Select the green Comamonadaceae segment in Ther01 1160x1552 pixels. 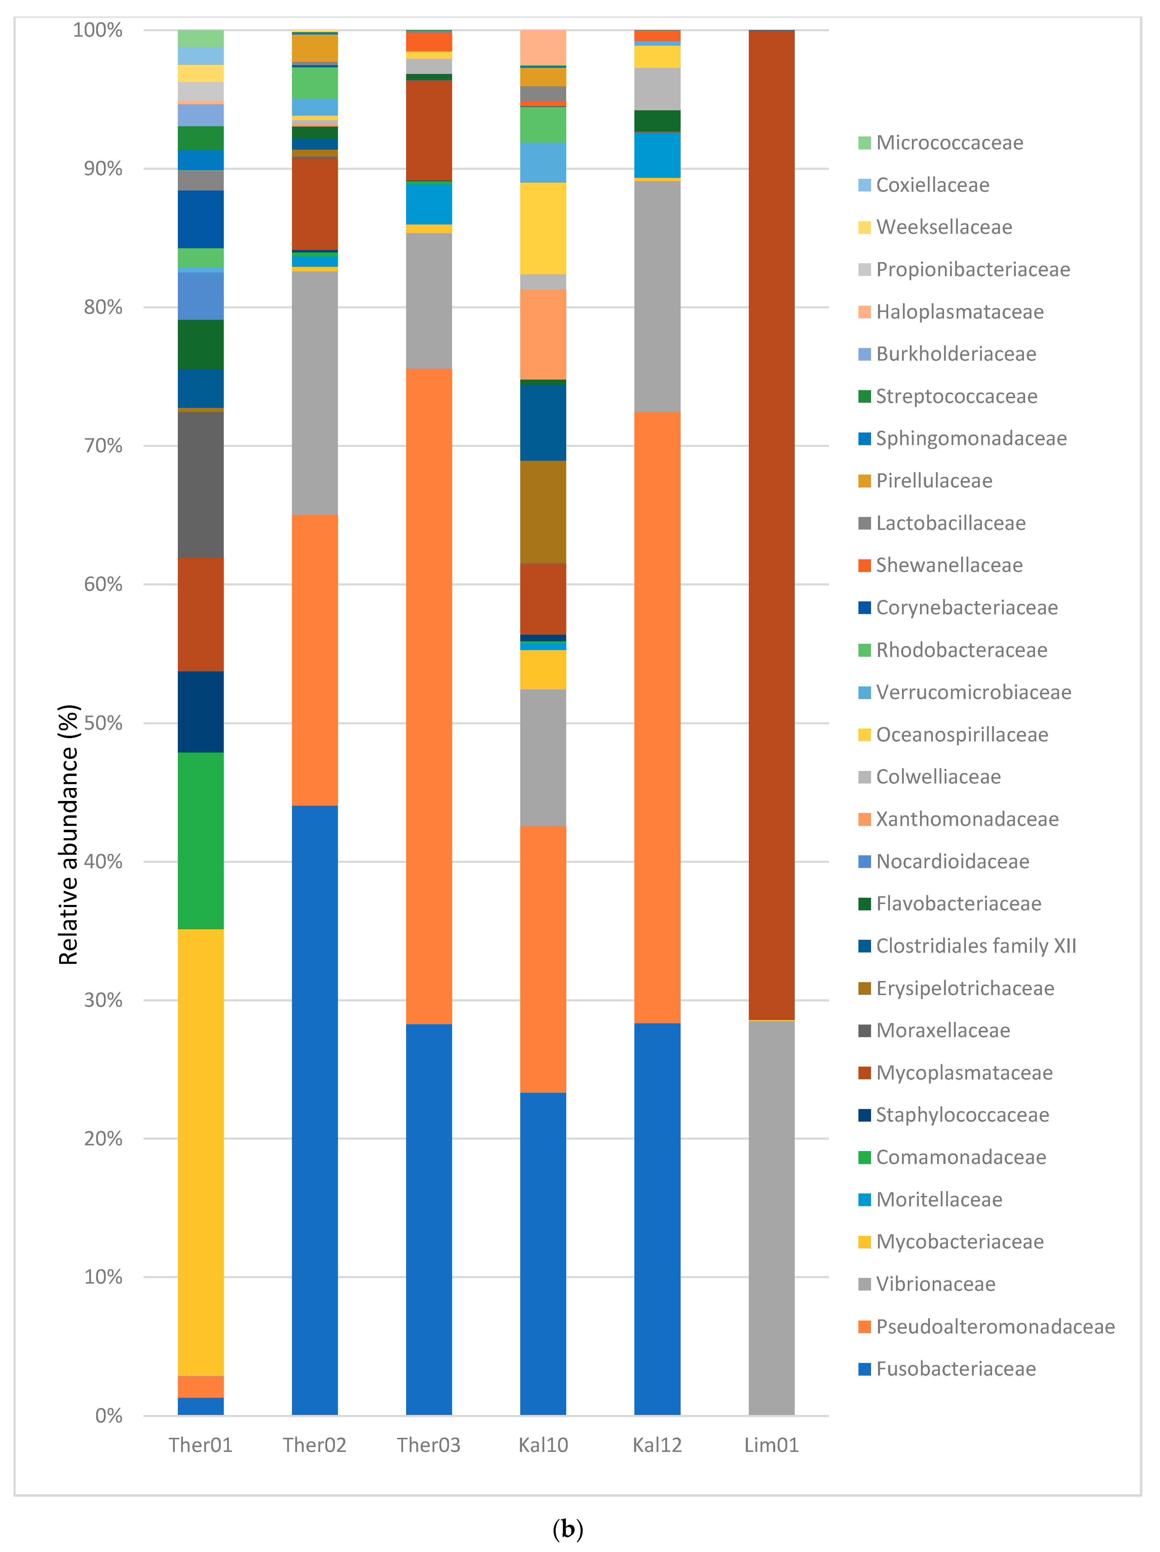click(201, 841)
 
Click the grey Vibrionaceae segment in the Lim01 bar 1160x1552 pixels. click(771, 1217)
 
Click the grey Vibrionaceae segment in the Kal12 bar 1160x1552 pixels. click(657, 296)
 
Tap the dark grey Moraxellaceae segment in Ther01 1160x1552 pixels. click(201, 484)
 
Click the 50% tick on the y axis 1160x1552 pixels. click(102, 723)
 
